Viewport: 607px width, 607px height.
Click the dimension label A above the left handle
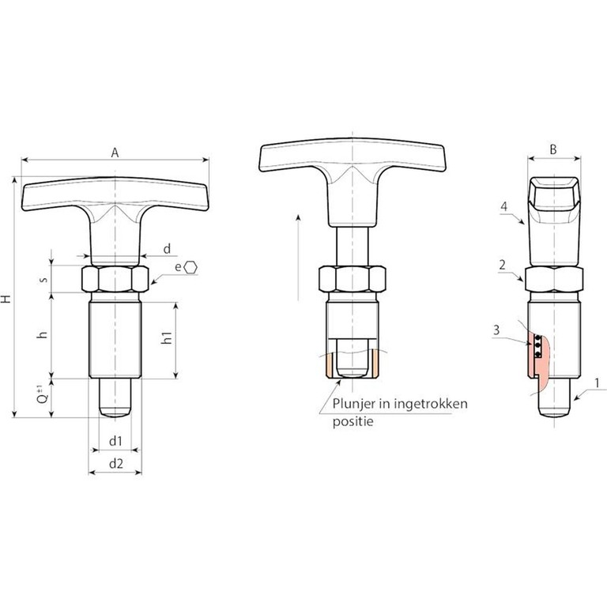point(115,153)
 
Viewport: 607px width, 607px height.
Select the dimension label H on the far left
point(6,299)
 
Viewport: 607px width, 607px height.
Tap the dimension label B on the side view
point(553,149)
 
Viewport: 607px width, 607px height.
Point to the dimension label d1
point(115,441)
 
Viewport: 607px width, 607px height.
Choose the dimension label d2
point(116,463)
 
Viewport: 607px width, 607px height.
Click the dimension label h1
point(167,337)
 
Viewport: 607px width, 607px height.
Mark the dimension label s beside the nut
point(44,279)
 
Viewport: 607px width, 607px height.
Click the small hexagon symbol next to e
point(190,267)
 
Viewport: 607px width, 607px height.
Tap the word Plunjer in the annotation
point(352,404)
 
